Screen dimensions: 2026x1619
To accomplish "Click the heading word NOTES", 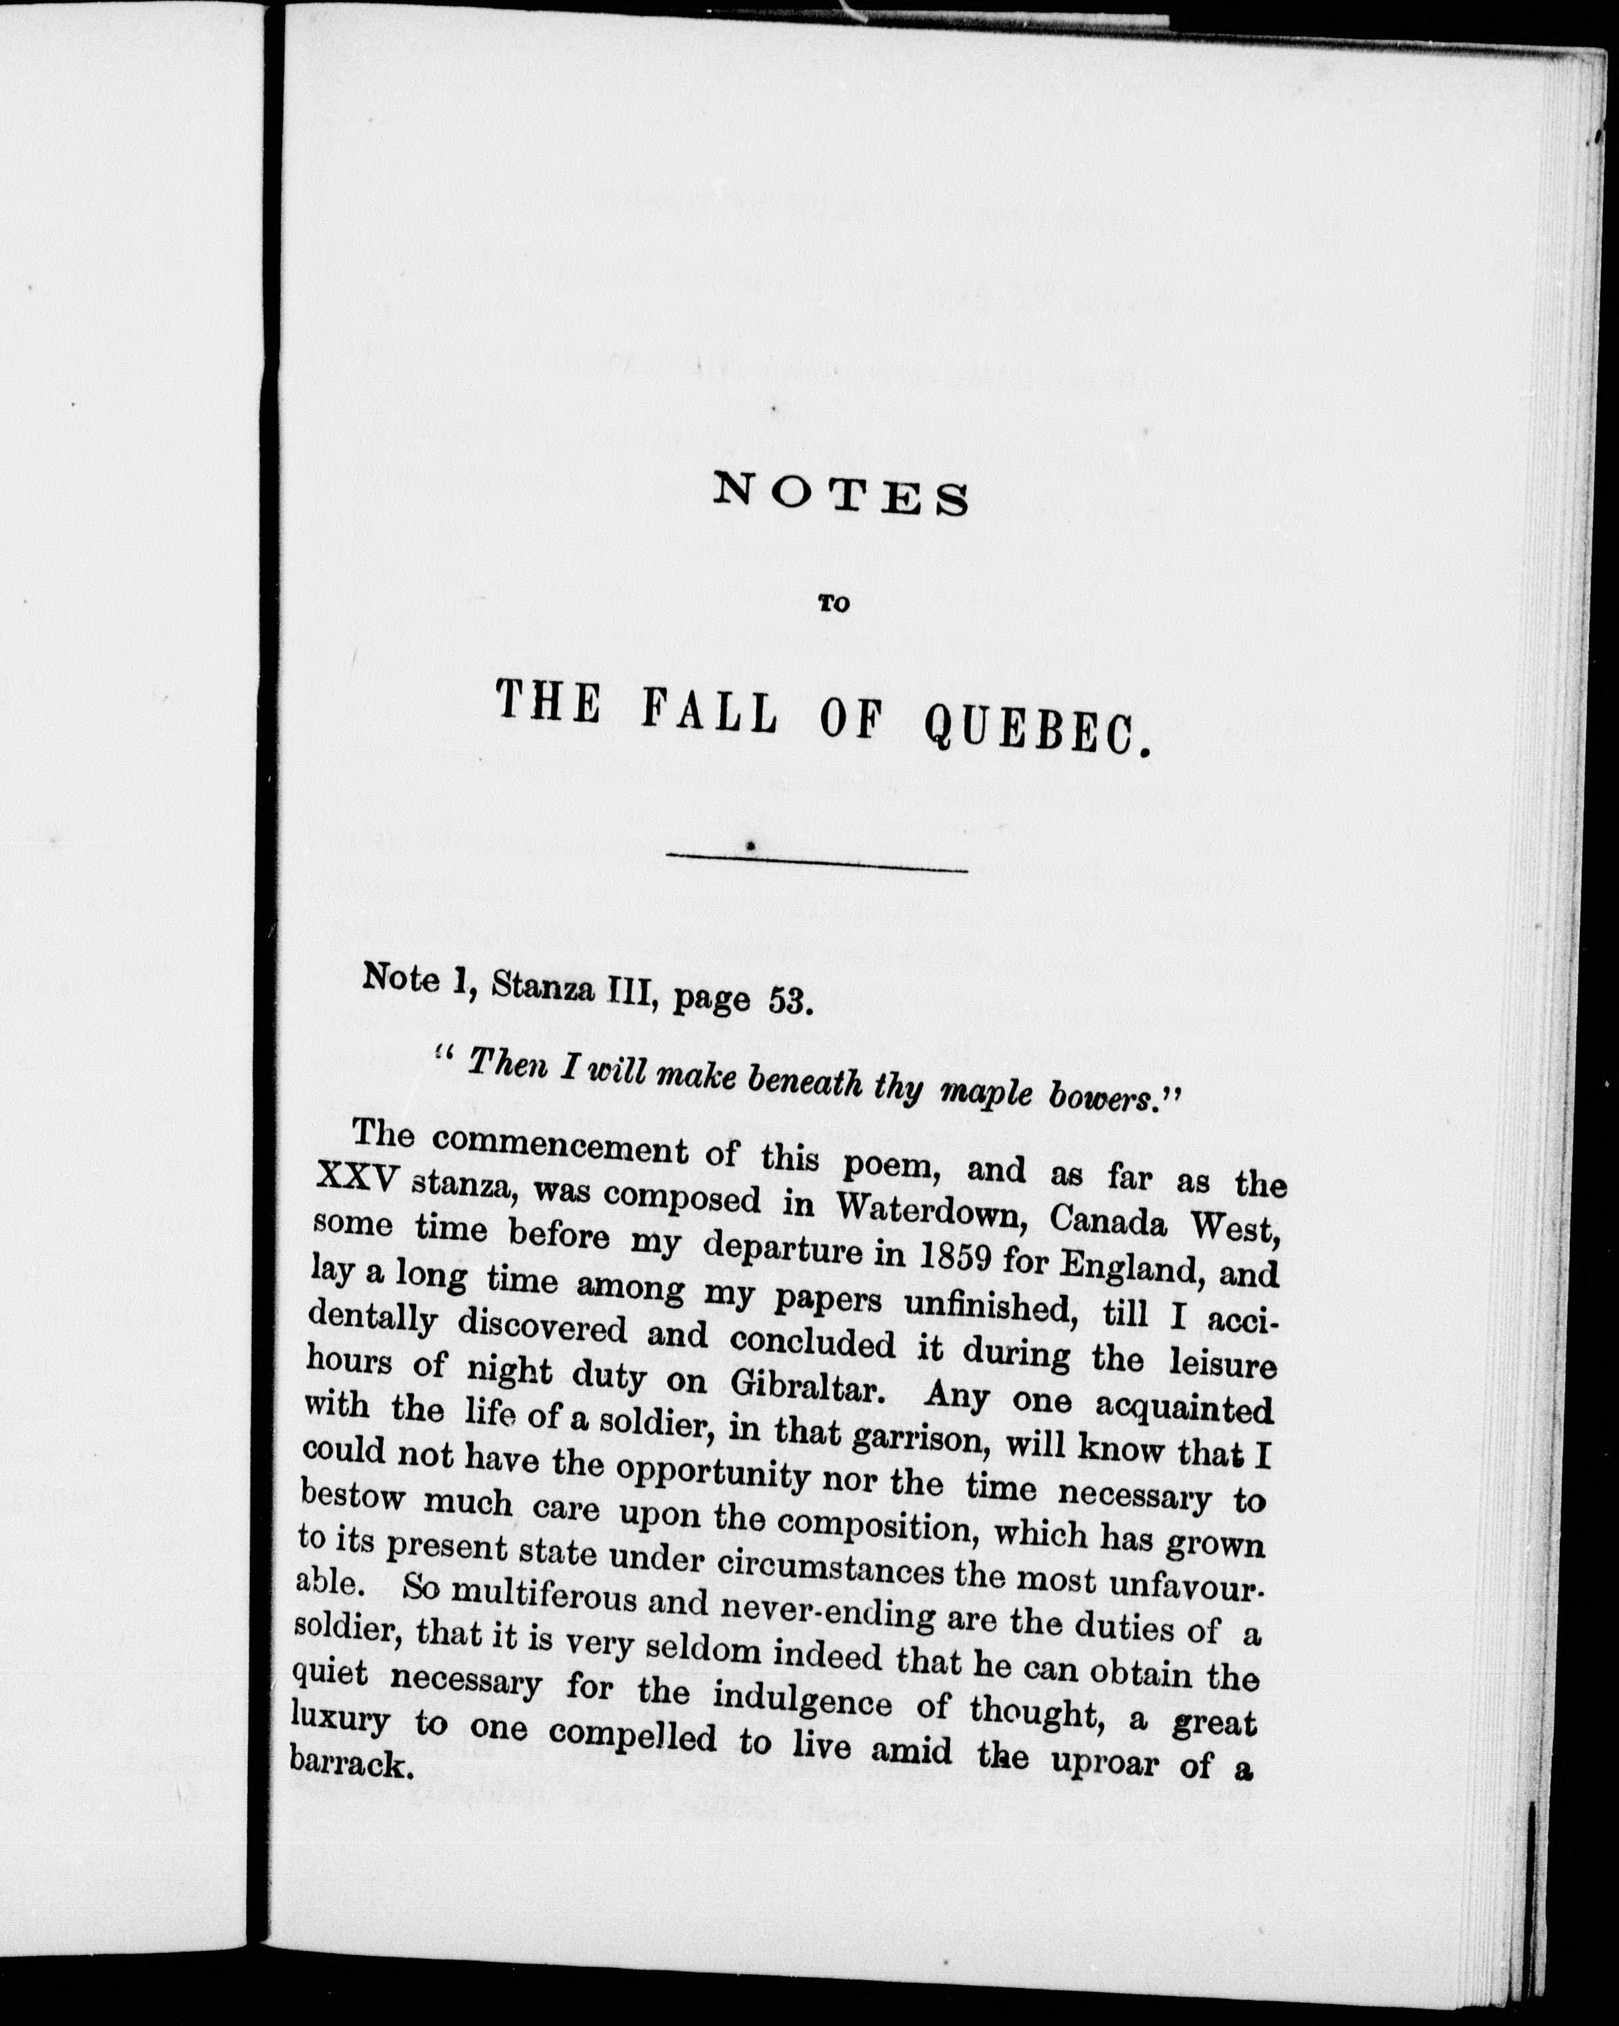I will (840, 495).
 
